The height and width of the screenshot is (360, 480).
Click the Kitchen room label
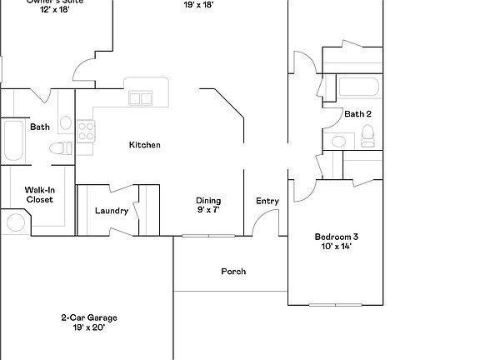[144, 145]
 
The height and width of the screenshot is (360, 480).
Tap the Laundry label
[112, 211]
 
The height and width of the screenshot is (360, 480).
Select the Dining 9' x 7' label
[208, 205]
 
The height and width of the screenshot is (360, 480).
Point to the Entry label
[267, 201]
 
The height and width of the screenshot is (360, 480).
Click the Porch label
[233, 272]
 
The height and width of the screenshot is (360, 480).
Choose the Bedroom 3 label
[337, 236]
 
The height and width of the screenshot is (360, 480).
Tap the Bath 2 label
[357, 114]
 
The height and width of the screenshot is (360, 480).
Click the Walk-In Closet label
[39, 195]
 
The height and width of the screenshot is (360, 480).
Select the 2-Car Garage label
[88, 317]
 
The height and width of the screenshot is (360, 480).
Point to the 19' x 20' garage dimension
[88, 327]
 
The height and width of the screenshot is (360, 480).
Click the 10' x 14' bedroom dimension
[337, 246]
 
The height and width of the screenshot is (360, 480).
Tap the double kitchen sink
[140, 98]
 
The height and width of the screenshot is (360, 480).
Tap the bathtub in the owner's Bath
[14, 141]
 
